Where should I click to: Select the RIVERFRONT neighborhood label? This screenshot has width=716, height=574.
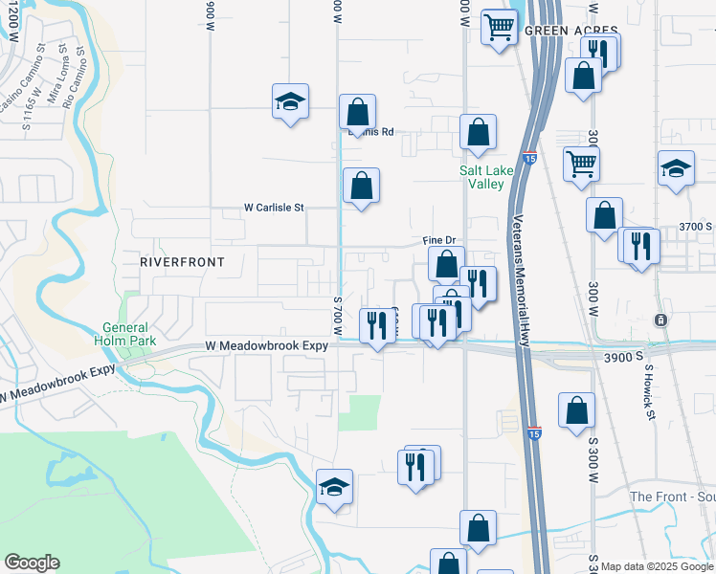click(182, 261)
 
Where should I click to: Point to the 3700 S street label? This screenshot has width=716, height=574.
click(696, 227)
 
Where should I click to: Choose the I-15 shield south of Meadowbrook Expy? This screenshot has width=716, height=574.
click(534, 432)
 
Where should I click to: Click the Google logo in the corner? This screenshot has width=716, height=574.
click(32, 563)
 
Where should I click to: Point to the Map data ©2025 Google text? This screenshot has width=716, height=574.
click(658, 566)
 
